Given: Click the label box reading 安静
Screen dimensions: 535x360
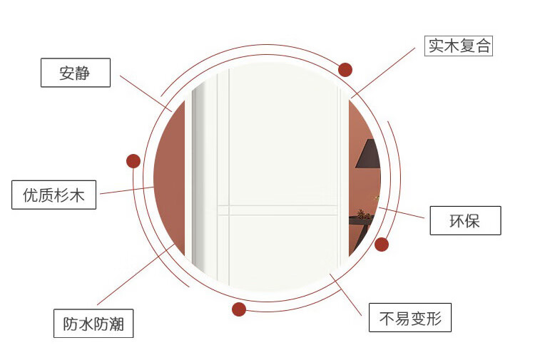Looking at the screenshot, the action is click(75, 73).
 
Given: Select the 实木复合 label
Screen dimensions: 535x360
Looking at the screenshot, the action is click(459, 46).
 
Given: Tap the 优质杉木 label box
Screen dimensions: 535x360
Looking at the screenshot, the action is click(53, 195).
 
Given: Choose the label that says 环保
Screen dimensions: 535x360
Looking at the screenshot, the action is click(465, 220).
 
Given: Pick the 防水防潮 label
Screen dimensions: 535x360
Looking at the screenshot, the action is click(93, 324).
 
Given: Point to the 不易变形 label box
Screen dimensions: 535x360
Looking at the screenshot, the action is click(410, 318).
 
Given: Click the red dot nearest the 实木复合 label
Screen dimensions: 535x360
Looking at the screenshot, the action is click(345, 70).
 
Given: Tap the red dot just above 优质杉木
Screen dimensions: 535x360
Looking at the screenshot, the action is click(133, 161).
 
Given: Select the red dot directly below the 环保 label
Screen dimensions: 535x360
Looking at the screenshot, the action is click(382, 245).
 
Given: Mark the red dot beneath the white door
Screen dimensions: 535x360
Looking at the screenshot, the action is click(239, 309).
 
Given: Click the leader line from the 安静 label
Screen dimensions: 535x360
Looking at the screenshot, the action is click(146, 92).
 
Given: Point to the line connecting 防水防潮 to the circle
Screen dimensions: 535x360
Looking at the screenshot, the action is click(136, 274).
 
